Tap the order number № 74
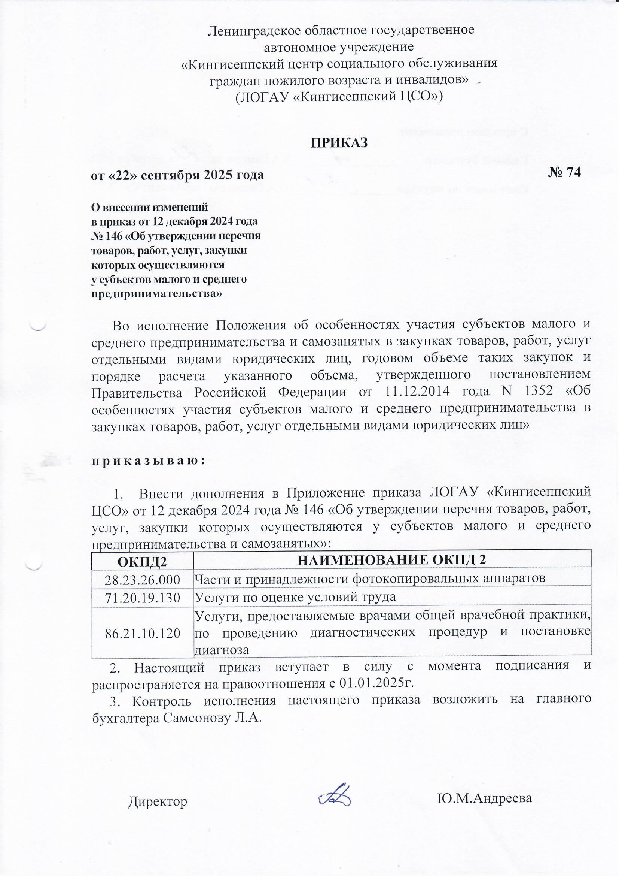(564, 173)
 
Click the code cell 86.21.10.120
(142, 634)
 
